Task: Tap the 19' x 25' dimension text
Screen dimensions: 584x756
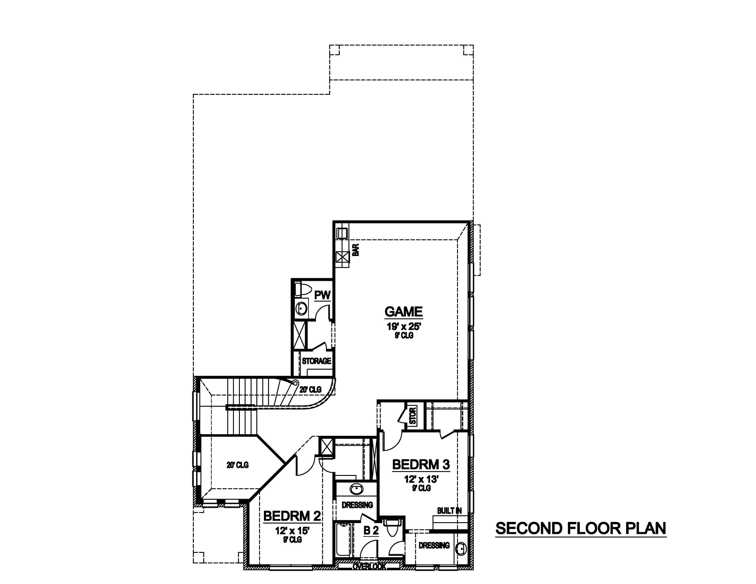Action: [x=404, y=327]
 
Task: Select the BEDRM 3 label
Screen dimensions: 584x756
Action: [x=421, y=465]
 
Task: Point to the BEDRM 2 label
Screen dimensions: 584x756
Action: [x=292, y=516]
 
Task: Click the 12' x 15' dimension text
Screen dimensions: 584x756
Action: [x=292, y=530]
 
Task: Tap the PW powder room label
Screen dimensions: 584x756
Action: [x=322, y=295]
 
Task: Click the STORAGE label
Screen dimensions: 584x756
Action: [x=316, y=361]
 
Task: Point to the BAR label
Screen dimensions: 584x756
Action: [x=356, y=250]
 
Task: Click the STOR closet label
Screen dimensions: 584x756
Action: [x=413, y=416]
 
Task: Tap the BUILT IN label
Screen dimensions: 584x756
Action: [x=449, y=511]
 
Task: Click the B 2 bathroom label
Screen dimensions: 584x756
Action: [x=371, y=530]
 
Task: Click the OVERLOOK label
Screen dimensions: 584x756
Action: [x=369, y=566]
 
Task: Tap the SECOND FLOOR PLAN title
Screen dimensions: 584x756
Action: [x=581, y=528]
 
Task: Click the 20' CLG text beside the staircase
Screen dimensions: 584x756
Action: [x=310, y=390]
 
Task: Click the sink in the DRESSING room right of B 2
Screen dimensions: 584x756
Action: [x=461, y=549]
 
